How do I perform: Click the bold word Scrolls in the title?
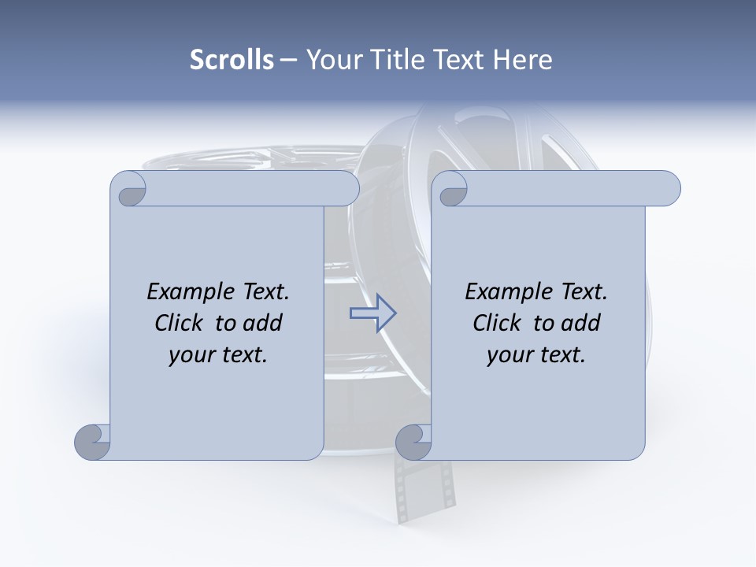pos(232,60)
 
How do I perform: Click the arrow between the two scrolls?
pos(372,313)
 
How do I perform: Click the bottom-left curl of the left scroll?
pos(93,442)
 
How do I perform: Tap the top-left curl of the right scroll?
pos(451,190)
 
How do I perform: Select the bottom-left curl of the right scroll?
pos(414,442)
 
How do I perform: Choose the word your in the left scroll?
pos(190,355)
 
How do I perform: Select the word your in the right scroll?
pos(508,355)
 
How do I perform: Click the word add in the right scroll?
pos(580,323)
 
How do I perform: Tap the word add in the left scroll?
pos(261,323)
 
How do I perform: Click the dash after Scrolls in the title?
pos(288,60)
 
